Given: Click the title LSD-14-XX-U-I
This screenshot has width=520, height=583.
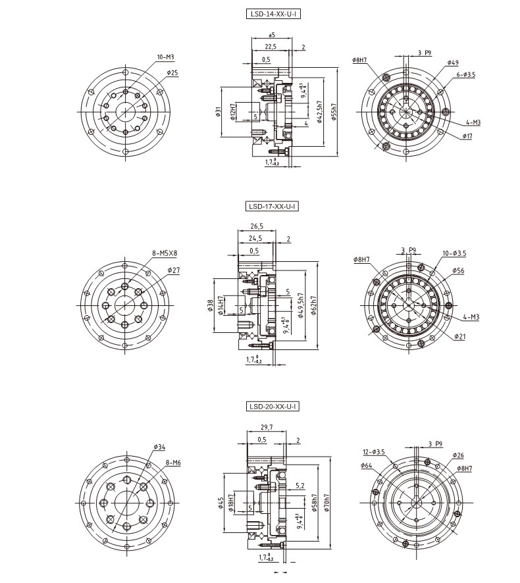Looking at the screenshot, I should click(x=272, y=13).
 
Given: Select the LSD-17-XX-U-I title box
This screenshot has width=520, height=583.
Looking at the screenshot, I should click(x=272, y=206).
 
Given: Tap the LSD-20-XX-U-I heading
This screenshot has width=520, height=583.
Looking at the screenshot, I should click(x=272, y=407).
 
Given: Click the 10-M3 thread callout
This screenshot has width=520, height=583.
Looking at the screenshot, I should click(x=165, y=58).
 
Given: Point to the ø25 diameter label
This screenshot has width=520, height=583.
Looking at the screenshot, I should click(x=172, y=72).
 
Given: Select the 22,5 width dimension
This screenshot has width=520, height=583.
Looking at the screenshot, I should click(x=270, y=47).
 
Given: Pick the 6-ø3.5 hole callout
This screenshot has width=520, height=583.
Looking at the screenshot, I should click(x=465, y=75).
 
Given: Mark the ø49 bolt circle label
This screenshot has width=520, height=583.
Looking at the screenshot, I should click(x=452, y=63).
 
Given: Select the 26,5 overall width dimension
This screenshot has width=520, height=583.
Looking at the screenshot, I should click(x=257, y=226).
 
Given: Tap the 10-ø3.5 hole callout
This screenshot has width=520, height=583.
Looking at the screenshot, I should click(x=454, y=253).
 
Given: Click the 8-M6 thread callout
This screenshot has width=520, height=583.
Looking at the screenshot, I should click(x=173, y=463).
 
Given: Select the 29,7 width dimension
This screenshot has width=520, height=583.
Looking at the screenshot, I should click(x=267, y=427).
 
